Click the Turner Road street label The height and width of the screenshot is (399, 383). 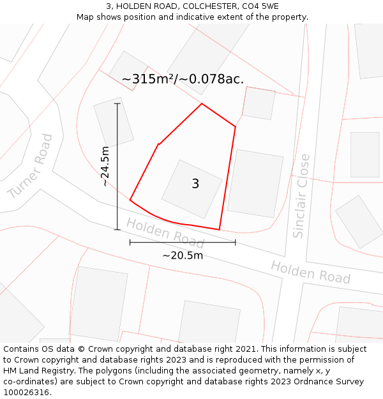click(31, 167)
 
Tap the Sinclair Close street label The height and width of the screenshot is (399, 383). click(301, 196)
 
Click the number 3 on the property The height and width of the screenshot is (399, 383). click(195, 184)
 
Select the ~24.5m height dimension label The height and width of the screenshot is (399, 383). click(105, 166)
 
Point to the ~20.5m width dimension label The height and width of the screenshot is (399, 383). click(183, 255)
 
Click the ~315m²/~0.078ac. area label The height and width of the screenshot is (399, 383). click(183, 79)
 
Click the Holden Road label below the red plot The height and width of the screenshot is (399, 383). click(165, 233)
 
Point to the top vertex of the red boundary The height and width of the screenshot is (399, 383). click(202, 103)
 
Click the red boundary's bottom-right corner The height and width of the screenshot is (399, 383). click(219, 229)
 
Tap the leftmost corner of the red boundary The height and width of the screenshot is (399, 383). click(130, 200)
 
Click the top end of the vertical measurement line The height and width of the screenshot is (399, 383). click(117, 103)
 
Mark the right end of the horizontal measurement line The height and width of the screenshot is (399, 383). click(236, 243)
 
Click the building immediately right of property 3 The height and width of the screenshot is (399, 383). click(255, 183)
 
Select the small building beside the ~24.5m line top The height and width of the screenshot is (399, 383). click(114, 121)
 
